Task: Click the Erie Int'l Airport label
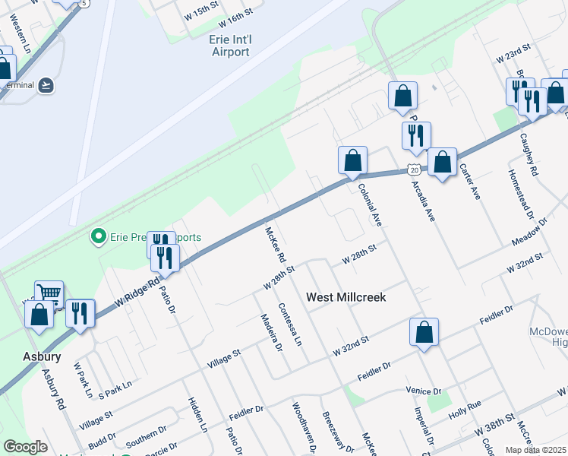tap(229, 46)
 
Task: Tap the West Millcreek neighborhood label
tap(346, 297)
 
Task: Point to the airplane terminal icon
tap(46, 84)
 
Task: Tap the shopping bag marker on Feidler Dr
tap(424, 331)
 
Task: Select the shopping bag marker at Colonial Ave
tap(352, 160)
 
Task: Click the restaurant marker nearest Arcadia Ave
tap(416, 135)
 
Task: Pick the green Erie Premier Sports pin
tap(97, 237)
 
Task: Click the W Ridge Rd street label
tap(137, 293)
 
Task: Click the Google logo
tap(25, 447)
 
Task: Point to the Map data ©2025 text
tap(536, 450)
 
